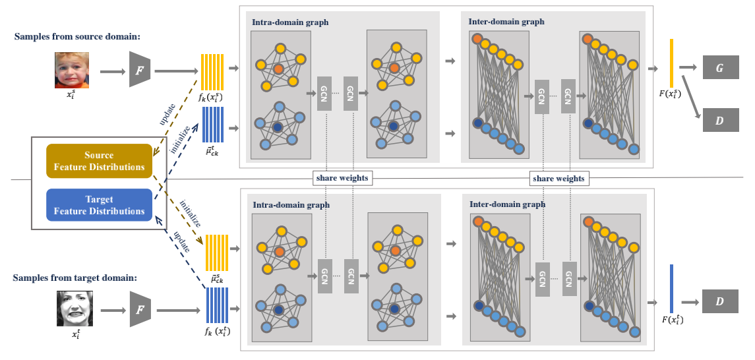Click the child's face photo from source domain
71,71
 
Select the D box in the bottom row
721,301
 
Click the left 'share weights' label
342,178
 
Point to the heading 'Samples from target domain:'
75,278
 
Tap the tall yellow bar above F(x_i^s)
671,63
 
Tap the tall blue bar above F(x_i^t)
671,289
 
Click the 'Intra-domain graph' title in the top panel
290,22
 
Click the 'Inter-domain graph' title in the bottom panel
507,204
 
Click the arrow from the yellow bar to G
688,67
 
